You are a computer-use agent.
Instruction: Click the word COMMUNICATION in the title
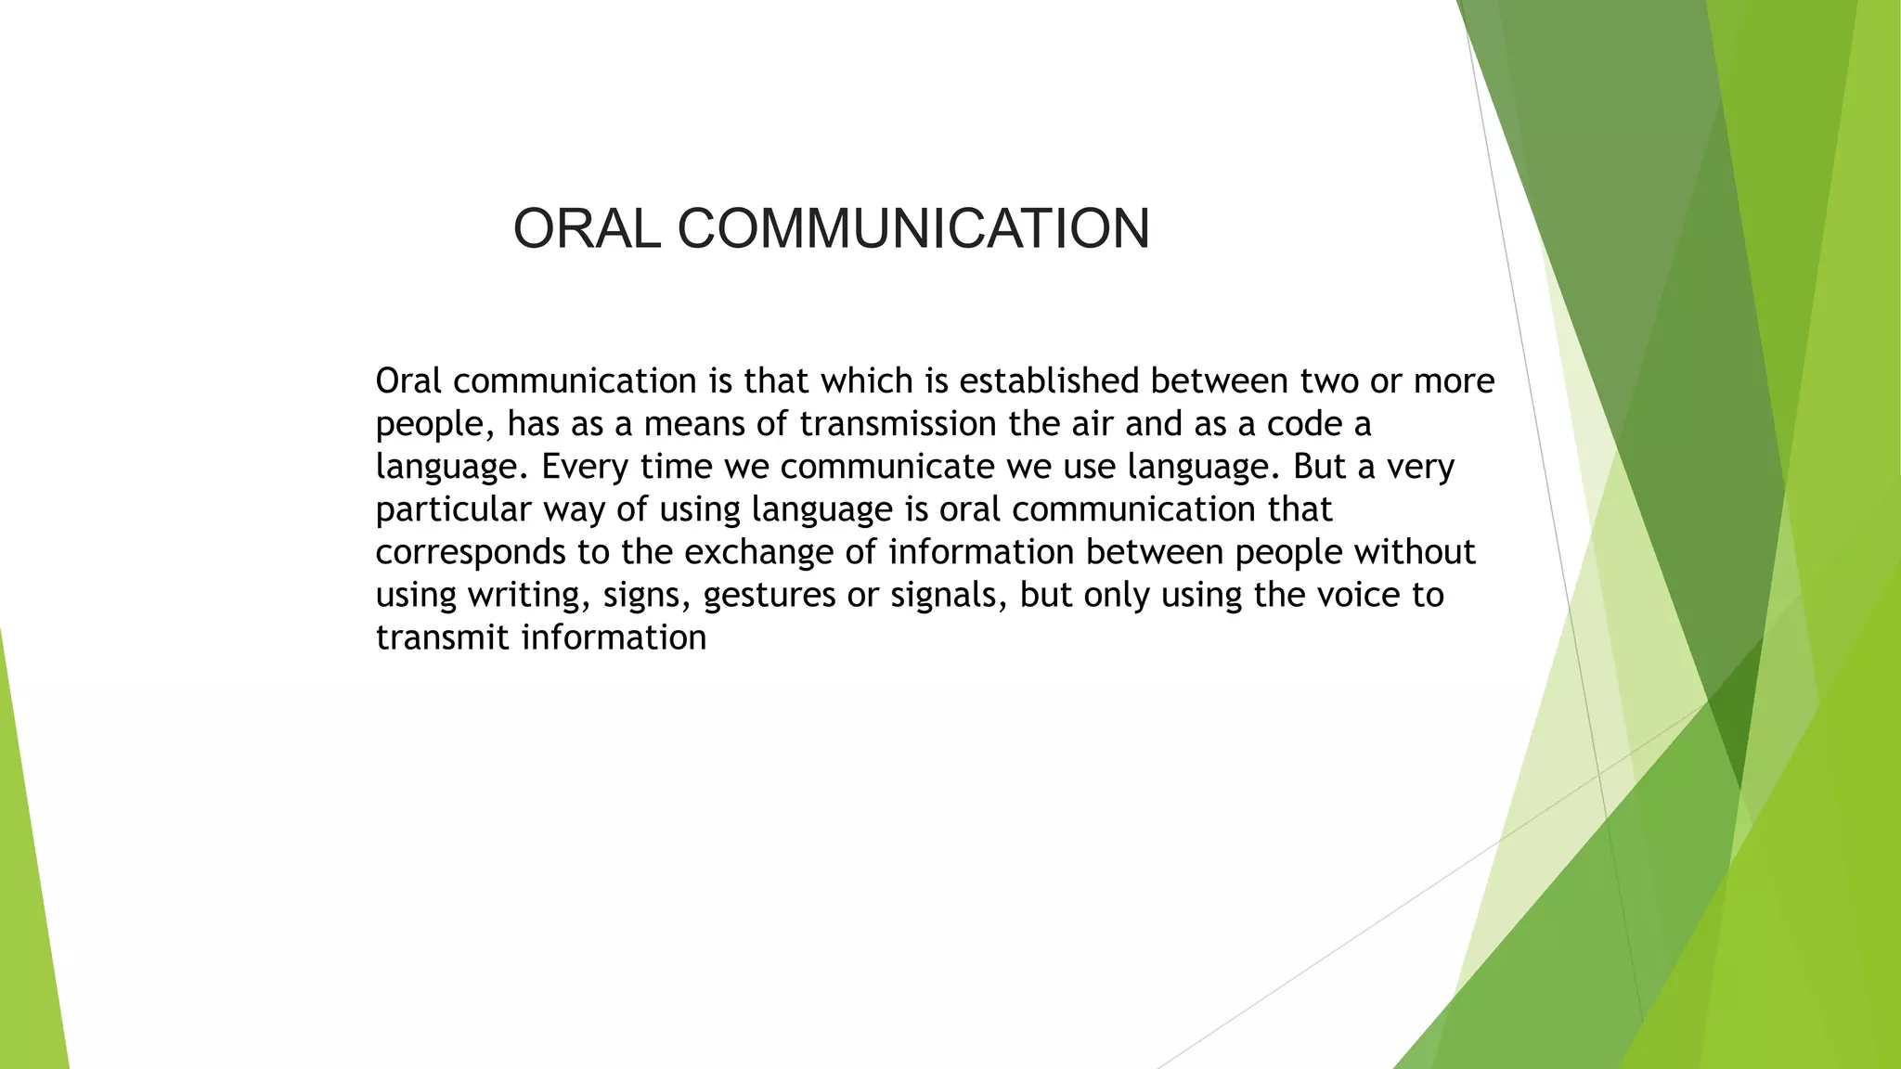tap(914, 228)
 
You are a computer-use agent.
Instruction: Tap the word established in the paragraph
tap(1049, 380)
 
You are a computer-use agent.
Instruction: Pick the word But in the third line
tap(1319, 466)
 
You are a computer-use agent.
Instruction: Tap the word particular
tap(454, 509)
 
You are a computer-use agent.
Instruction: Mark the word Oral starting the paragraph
tap(408, 380)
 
